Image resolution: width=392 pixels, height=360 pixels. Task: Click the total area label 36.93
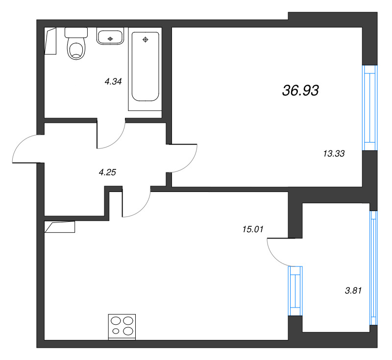pyautogui.click(x=300, y=91)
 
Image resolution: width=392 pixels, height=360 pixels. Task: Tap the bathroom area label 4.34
pyautogui.click(x=113, y=81)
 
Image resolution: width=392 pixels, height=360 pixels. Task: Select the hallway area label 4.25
pyautogui.click(x=107, y=172)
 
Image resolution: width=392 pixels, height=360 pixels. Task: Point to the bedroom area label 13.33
pyautogui.click(x=334, y=154)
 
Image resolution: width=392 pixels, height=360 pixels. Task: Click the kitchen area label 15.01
pyautogui.click(x=253, y=229)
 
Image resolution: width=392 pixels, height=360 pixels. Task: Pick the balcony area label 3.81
pyautogui.click(x=353, y=290)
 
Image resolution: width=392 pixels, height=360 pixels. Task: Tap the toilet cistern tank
pyautogui.click(x=76, y=32)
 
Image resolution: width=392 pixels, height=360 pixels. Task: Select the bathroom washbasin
pyautogui.click(x=110, y=36)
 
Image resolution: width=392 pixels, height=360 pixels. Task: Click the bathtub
pyautogui.click(x=145, y=67)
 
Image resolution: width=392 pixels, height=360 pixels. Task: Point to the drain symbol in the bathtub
pyautogui.click(x=145, y=40)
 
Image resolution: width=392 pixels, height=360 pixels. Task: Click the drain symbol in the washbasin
pyautogui.click(x=110, y=39)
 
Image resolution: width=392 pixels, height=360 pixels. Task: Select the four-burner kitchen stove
pyautogui.click(x=122, y=327)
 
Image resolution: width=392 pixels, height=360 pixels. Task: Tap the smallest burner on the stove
pyautogui.click(x=116, y=331)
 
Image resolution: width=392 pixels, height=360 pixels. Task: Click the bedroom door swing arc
pyautogui.click(x=191, y=164)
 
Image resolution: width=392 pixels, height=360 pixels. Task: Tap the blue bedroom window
pyautogui.click(x=370, y=108)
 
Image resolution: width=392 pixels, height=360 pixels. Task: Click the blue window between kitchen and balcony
pyautogui.click(x=295, y=291)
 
